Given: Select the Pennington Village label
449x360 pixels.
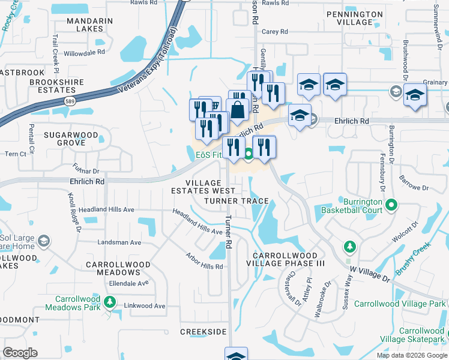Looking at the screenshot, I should point(355,17).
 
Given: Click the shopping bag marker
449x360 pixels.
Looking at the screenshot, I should point(238,110).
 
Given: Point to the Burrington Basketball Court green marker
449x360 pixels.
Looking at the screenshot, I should point(392,206).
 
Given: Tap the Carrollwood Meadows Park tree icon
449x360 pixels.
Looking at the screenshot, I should point(109,301).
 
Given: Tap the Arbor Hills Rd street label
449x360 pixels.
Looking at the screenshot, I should point(204,262).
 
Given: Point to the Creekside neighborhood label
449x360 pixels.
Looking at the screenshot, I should point(203,332).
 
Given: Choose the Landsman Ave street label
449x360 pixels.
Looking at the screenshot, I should point(119,242).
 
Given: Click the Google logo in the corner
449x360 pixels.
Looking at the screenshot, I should point(20,352).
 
